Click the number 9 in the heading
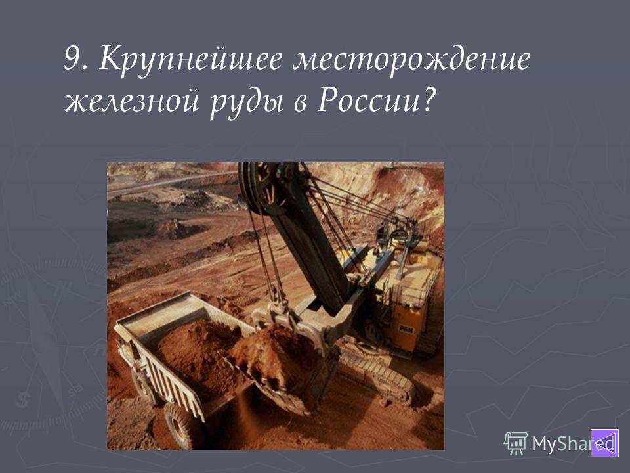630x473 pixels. click(72, 58)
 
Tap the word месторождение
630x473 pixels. click(411, 60)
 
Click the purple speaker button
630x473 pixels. click(604, 443)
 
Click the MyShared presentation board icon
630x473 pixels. click(516, 443)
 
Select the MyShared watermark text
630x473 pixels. click(573, 443)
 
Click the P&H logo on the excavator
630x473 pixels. click(406, 330)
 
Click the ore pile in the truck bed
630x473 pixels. click(197, 354)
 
